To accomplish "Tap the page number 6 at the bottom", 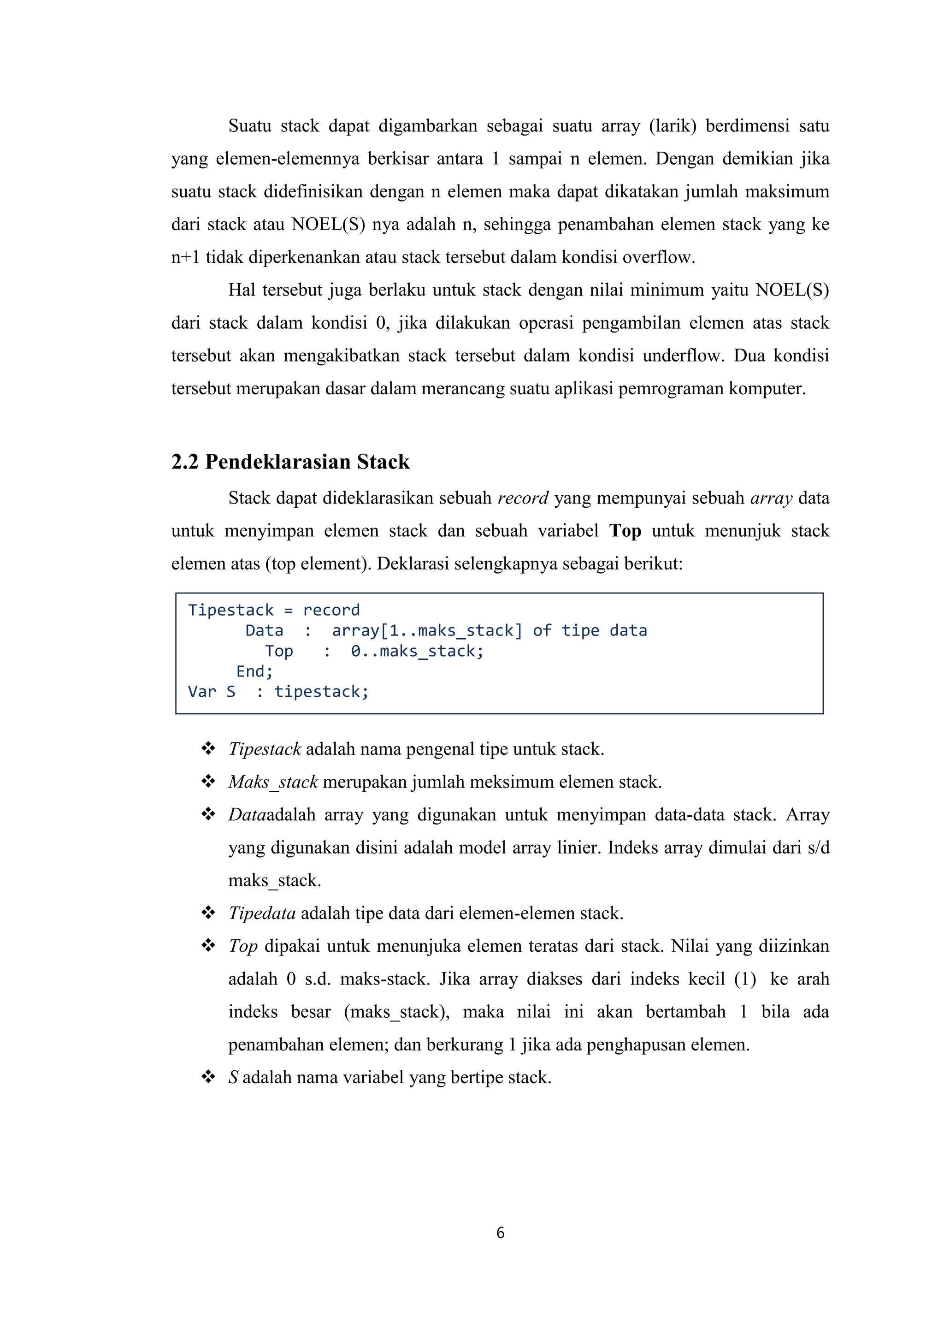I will [x=500, y=1233].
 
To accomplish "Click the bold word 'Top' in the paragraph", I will [x=625, y=531].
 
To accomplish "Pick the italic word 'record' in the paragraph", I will [x=523, y=498].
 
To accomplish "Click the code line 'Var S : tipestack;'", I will [x=278, y=691].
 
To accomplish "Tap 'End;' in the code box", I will [x=254, y=671].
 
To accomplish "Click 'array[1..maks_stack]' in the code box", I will [x=427, y=630].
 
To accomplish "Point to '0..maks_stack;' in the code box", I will [x=417, y=651].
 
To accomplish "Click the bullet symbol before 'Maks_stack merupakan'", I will [x=208, y=782].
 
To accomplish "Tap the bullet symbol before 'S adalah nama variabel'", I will [x=208, y=1077].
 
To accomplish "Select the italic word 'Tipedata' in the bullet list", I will [x=261, y=914].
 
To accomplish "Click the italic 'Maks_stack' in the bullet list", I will [x=272, y=782].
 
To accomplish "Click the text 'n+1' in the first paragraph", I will [x=185, y=257].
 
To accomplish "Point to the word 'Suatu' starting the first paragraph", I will [x=249, y=126].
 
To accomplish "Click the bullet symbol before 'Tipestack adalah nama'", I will [x=208, y=749].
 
